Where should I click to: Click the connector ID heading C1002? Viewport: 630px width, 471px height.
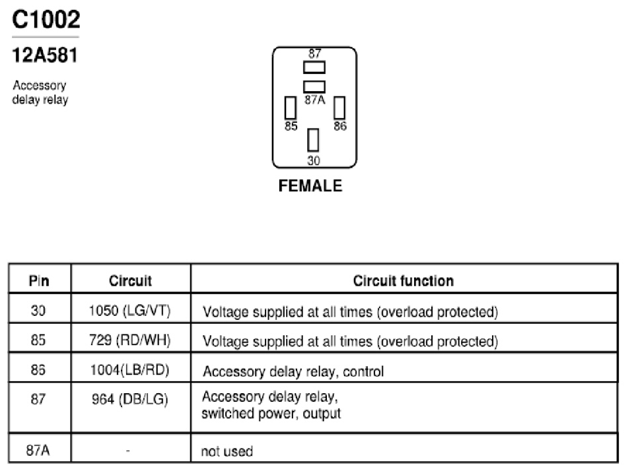(46, 19)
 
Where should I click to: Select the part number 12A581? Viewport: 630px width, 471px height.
(45, 55)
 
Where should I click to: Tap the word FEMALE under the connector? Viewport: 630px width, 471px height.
(310, 186)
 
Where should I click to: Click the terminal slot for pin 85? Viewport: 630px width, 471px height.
(290, 108)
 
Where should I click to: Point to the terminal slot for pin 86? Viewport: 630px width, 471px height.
(339, 108)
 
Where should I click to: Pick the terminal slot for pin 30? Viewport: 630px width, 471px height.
(313, 140)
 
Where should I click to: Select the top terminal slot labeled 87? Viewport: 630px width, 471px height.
(314, 67)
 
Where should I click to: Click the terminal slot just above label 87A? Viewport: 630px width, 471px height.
(314, 86)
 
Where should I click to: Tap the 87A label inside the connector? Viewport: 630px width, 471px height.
(314, 100)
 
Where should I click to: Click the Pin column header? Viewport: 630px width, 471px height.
(39, 281)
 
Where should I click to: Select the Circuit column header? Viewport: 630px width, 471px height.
(130, 281)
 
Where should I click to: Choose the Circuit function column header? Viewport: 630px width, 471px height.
(403, 281)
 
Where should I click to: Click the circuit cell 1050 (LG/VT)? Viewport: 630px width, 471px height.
(130, 311)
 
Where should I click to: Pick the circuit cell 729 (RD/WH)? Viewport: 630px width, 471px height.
(130, 340)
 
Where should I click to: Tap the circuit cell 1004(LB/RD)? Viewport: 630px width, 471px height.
(130, 369)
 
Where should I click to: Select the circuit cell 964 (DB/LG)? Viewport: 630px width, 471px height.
(130, 399)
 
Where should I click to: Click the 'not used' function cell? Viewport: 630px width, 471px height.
(227, 451)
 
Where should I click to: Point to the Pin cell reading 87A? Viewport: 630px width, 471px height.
(38, 451)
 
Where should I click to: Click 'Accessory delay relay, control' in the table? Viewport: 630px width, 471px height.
(293, 371)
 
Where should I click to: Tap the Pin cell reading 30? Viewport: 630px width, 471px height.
(38, 311)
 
